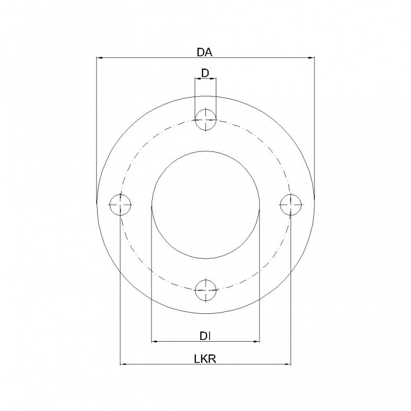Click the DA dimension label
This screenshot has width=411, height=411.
click(204, 52)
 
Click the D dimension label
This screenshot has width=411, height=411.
click(205, 73)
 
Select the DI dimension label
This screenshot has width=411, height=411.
click(206, 336)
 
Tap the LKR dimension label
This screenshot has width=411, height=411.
click(205, 359)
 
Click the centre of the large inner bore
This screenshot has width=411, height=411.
click(206, 204)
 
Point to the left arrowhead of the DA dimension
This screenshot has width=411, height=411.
click(100, 58)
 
